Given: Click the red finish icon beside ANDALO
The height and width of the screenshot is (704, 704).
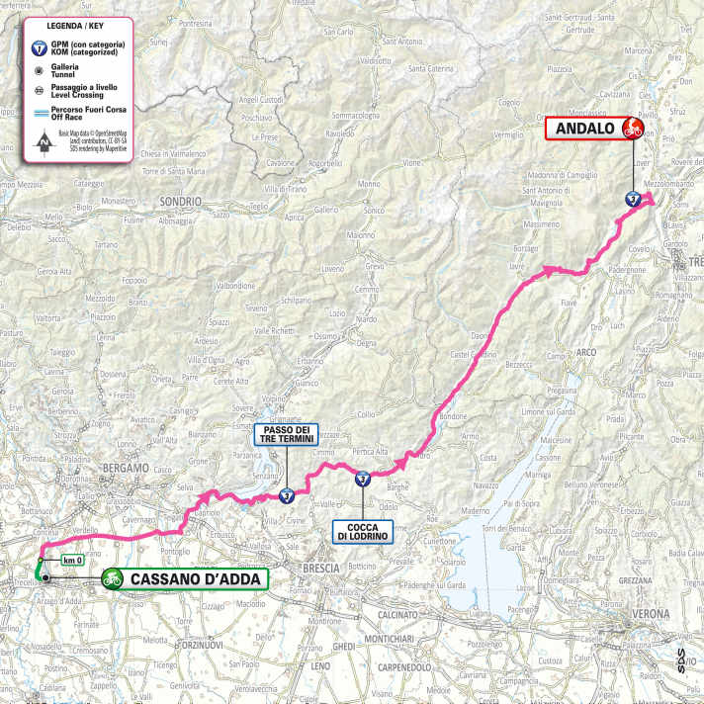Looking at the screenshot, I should [633, 127].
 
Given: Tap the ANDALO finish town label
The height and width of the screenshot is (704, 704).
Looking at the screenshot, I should [583, 127].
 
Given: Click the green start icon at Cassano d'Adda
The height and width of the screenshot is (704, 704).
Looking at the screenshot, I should [113, 579].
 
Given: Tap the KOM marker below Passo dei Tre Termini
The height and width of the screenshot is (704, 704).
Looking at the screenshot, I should [286, 496].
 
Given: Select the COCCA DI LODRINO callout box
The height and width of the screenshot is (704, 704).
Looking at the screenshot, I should [363, 530].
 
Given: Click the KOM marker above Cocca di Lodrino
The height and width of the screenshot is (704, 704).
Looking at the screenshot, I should [363, 480].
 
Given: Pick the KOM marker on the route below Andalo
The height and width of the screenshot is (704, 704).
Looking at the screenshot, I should [633, 199].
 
